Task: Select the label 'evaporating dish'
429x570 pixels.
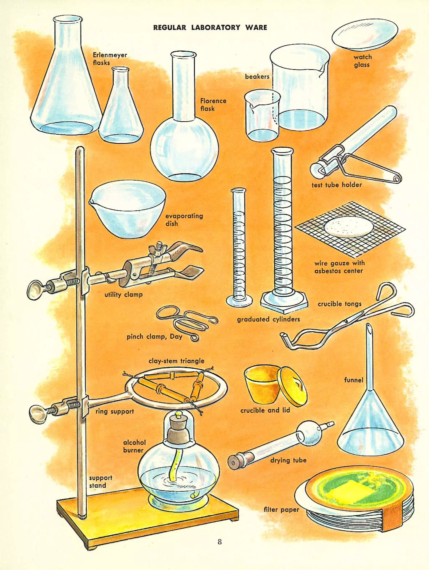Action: pyautogui.click(x=184, y=220)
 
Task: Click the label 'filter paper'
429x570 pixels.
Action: pyautogui.click(x=281, y=510)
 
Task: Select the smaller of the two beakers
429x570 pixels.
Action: pyautogui.click(x=262, y=116)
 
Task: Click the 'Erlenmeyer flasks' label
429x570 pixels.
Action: pyautogui.click(x=110, y=59)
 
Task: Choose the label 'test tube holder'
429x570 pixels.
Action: pyautogui.click(x=336, y=185)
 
